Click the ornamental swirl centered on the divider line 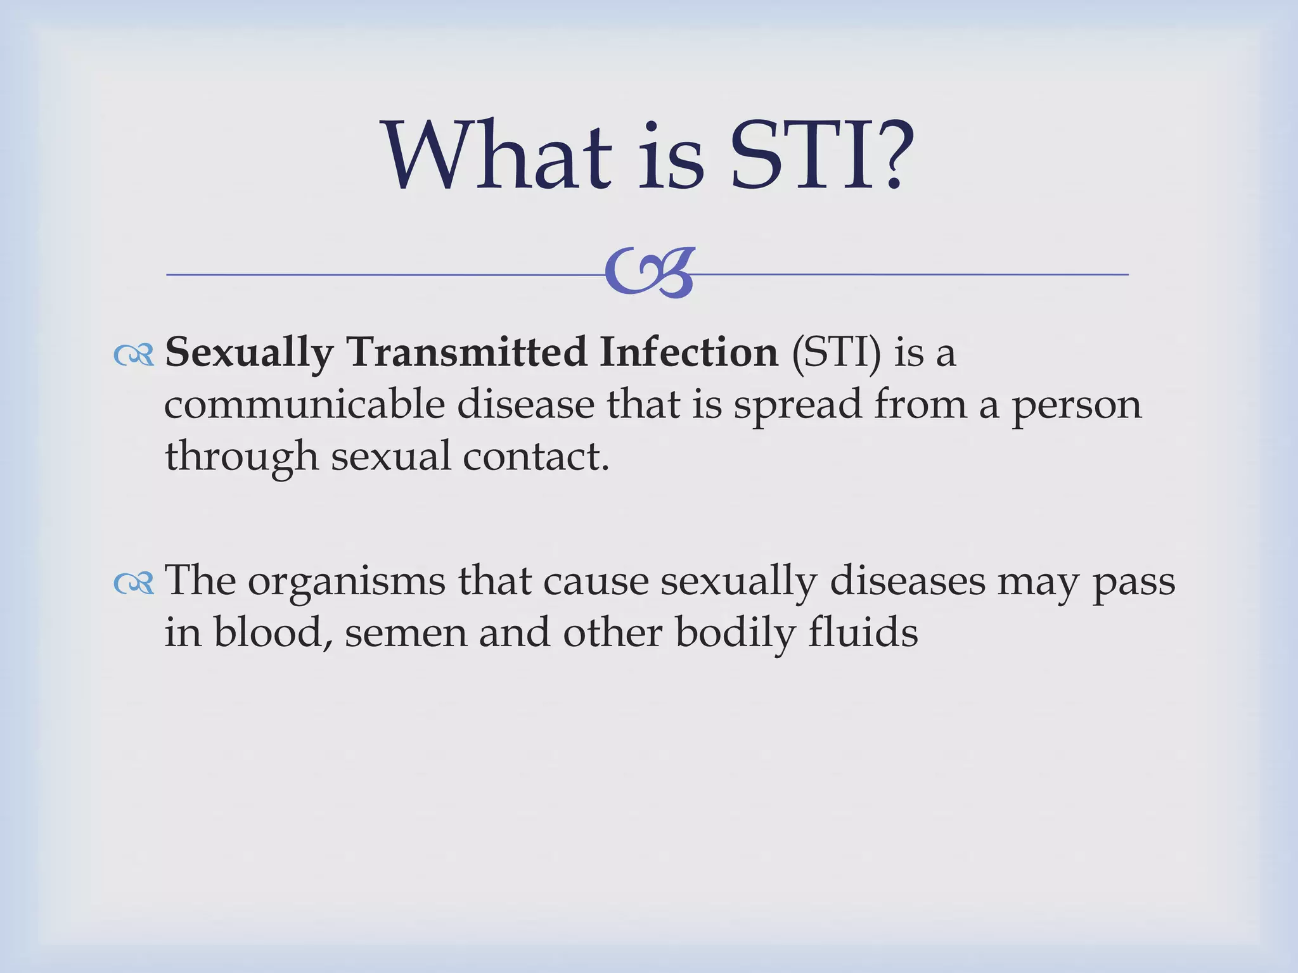(x=649, y=273)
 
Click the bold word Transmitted (x=466, y=352)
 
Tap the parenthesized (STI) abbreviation (x=836, y=353)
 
